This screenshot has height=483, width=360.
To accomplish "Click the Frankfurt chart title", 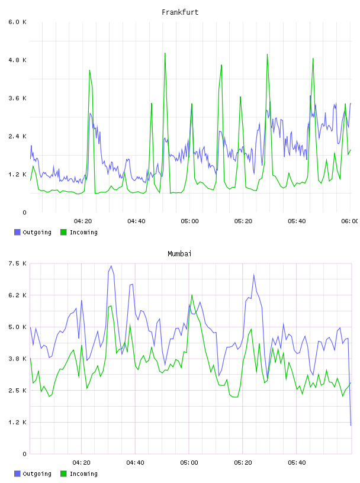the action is click(180, 12).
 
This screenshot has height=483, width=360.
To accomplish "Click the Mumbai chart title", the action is click(179, 254).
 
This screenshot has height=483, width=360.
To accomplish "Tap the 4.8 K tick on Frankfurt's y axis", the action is click(17, 60).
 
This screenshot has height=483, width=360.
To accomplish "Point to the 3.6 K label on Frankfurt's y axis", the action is click(17, 98).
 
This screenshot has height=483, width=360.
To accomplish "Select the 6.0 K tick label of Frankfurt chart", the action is click(17, 22).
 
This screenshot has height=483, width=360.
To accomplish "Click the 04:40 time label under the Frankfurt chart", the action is click(136, 221).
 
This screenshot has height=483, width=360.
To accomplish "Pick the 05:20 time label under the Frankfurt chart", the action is click(243, 221).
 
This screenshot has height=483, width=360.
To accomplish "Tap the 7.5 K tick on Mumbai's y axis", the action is click(17, 263).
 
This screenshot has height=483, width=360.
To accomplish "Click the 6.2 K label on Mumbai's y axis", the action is click(17, 295).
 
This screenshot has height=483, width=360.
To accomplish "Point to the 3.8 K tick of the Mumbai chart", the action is click(17, 359).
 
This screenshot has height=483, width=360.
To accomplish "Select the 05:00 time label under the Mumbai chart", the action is click(189, 463).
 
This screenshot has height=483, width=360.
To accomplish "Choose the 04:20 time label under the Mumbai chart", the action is click(81, 463).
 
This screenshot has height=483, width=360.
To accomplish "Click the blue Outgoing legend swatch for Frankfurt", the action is click(17, 232).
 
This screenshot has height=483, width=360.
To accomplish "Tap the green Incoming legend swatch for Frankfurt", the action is click(63, 232).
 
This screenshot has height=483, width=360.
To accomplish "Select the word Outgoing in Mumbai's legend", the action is click(37, 474).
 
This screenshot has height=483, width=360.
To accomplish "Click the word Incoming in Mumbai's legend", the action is click(83, 474).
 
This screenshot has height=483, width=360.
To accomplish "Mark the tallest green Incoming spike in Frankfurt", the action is click(165, 53).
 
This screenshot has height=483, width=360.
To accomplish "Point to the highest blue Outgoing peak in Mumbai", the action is click(111, 266).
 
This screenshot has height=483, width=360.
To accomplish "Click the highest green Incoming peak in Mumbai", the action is click(192, 295).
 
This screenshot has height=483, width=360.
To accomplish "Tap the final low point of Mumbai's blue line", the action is click(351, 426).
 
